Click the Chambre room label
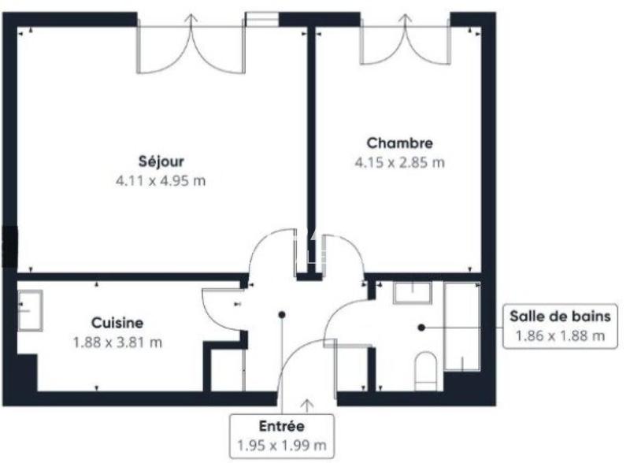[x=399, y=143]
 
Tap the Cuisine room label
[x=117, y=323]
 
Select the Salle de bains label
[x=559, y=317]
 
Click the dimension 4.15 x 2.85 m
[x=399, y=163]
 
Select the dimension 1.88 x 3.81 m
[x=117, y=343]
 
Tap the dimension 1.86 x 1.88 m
[x=559, y=336]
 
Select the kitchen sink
[x=30, y=310]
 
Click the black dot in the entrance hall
[x=281, y=315]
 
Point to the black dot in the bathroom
[x=422, y=326]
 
